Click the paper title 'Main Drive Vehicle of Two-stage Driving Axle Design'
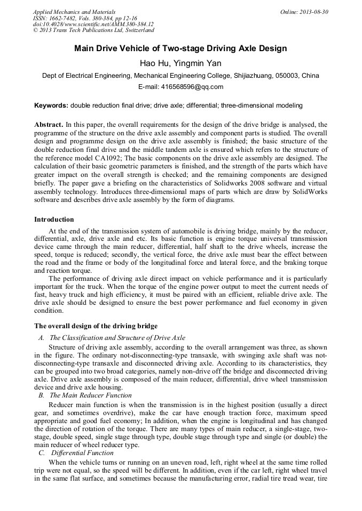coord(180,48)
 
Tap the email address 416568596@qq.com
coord(180,87)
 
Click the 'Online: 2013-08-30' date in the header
coord(304,12)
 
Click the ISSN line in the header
coord(85,18)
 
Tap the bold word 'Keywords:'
coord(51,106)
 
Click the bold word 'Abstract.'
coord(49,124)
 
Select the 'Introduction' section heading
coord(54,219)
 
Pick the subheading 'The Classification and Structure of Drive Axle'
coord(117,337)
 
